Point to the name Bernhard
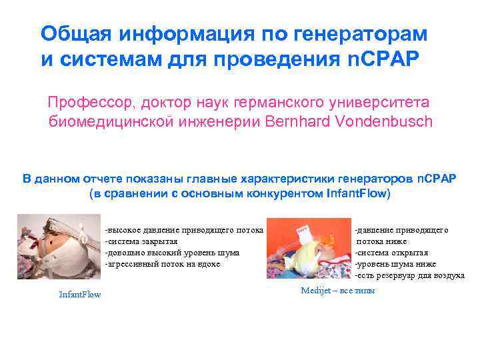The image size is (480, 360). (299, 122)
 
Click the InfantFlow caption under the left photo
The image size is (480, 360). (80, 294)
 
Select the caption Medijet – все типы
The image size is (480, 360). (338, 290)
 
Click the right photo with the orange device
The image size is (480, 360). (308, 249)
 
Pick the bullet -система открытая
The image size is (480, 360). (391, 253)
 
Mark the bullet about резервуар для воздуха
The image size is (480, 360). (409, 275)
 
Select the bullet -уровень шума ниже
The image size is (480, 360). (395, 264)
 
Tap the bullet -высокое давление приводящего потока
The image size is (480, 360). (183, 230)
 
